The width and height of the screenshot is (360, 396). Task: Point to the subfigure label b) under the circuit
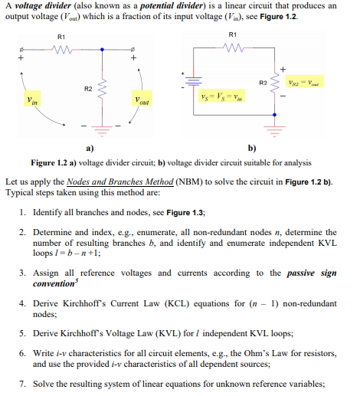(252, 148)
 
